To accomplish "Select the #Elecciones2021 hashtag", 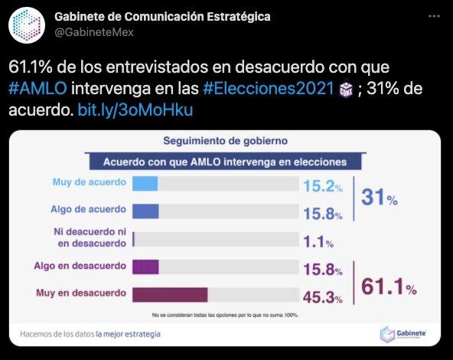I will pos(268,89).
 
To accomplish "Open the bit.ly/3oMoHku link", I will pos(135,110).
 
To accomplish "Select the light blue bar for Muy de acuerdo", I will pos(145,184).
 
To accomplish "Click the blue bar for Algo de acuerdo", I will pos(145,211).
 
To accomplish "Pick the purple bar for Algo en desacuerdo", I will pos(145,267).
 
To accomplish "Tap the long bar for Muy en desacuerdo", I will pos(170,295).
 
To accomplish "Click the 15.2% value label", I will pos(319,185).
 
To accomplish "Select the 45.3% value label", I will pos(321,296).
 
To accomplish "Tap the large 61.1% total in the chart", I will pos(388,288).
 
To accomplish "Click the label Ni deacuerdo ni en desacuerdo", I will pos(87,238).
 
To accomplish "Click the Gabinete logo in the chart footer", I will pos(402,333).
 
